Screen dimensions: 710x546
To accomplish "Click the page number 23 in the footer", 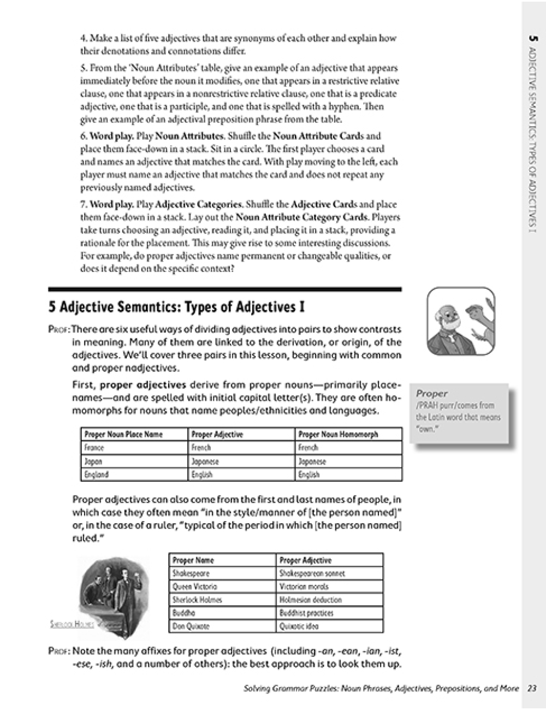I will click(x=532, y=689).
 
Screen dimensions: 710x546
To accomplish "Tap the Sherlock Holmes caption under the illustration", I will click(x=71, y=624).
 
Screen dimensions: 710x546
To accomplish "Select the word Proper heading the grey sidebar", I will click(x=431, y=393).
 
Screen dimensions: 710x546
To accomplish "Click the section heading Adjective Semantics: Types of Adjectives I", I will click(x=176, y=307).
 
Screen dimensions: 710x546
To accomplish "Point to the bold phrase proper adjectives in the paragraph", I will click(x=143, y=385).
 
